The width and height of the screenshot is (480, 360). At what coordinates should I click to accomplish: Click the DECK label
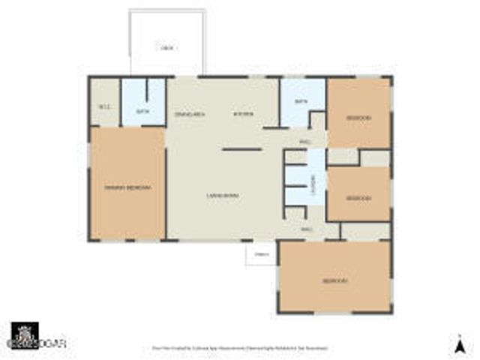click(x=167, y=48)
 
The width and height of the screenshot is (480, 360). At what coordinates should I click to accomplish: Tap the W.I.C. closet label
click(x=104, y=106)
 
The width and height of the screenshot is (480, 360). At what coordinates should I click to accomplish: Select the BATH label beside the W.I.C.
click(x=142, y=112)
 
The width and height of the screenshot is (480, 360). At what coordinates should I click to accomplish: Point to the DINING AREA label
click(x=189, y=114)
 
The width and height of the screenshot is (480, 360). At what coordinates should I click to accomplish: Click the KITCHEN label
click(x=243, y=114)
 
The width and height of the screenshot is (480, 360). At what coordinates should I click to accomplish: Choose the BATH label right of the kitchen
click(x=301, y=101)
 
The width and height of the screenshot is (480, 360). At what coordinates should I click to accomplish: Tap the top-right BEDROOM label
click(x=358, y=118)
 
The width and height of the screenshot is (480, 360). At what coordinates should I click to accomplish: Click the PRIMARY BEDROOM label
click(x=127, y=187)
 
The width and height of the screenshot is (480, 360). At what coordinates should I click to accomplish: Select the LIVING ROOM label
click(x=223, y=196)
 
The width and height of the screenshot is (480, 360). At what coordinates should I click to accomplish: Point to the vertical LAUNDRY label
click(x=314, y=182)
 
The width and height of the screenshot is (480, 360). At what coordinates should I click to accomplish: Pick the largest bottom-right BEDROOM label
click(x=334, y=280)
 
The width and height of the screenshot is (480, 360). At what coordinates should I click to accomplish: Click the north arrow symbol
click(x=457, y=345)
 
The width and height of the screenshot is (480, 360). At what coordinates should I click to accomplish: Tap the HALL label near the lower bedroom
click(x=306, y=229)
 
